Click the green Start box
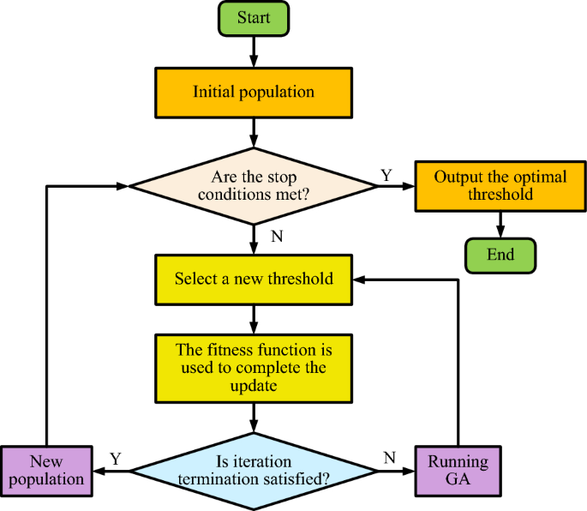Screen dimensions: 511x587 [254, 19]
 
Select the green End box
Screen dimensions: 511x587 [500, 255]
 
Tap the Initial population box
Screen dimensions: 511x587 [254, 93]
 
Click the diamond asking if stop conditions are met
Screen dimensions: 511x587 [254, 186]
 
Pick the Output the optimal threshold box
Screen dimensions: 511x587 [500, 186]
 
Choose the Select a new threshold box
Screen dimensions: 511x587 [254, 280]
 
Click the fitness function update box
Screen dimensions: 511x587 [254, 368]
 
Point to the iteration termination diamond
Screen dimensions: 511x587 [254, 471]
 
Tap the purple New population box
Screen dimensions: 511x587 [45, 471]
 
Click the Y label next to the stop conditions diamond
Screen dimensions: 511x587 [386, 175]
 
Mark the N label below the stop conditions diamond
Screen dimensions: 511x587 [276, 237]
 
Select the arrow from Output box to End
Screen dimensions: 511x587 [500, 224]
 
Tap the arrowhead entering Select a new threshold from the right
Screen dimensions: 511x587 [362, 280]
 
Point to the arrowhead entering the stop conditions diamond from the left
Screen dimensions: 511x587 [134, 186]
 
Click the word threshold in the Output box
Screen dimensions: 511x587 [500, 195]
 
